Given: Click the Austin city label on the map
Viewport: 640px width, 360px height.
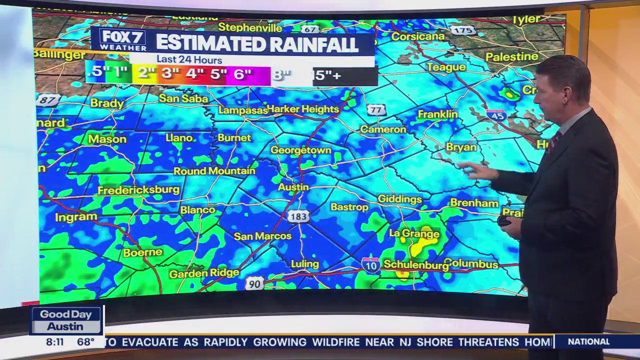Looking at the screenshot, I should (x=293, y=187).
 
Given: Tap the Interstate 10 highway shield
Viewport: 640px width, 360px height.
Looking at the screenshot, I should (x=370, y=265).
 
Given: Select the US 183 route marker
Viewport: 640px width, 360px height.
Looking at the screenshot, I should (x=298, y=216).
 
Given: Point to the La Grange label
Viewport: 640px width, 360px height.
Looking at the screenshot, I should (x=414, y=233).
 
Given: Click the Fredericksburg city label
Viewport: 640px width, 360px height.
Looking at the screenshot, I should (x=138, y=190).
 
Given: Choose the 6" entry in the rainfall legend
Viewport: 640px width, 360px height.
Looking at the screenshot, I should (x=242, y=74).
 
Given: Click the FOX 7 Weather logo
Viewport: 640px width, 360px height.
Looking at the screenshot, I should (x=122, y=40).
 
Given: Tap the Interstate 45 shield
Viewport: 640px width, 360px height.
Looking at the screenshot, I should (x=496, y=115).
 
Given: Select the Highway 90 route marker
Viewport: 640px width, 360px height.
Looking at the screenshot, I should (x=254, y=284).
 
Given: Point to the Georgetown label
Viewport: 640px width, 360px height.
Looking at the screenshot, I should (x=300, y=150).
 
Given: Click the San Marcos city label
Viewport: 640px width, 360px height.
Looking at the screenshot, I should (x=262, y=236).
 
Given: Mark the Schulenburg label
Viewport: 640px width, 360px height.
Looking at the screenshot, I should (x=415, y=265).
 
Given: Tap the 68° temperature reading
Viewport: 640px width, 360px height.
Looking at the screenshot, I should (x=85, y=342).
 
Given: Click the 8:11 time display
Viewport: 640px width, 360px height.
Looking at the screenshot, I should (x=55, y=342).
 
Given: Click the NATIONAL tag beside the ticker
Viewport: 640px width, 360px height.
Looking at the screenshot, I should (x=588, y=342).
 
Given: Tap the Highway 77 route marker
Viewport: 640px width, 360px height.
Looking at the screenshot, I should (x=376, y=110).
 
